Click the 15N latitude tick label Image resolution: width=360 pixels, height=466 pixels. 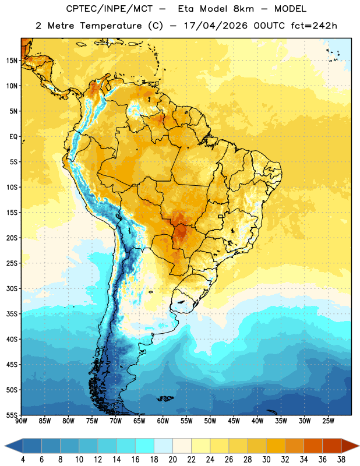coord(12,61)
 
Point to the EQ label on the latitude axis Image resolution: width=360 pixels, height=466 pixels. coord(13,137)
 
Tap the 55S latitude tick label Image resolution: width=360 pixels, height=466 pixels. coord(12,415)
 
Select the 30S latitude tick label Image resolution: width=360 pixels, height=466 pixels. coord(12,288)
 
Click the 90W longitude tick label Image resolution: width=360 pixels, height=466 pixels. coord(21,421)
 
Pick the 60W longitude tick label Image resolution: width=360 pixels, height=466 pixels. coord(163,421)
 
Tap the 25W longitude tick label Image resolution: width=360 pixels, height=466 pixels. coord(328,421)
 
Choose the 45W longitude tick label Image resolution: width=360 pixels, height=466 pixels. coord(234,421)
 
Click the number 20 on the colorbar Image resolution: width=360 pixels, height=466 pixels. coord(172,460)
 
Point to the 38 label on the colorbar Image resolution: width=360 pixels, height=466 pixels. coord(341,460)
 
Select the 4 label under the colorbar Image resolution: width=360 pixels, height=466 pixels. coord(23,460)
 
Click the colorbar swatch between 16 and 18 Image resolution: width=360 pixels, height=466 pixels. coord(145,446)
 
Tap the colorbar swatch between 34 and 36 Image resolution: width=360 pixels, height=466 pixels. coord(313,446)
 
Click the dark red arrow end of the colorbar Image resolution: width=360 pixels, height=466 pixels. coord(350,446)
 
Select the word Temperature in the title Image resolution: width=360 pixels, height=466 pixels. coord(111,26)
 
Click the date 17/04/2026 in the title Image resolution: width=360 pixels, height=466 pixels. coord(216,26)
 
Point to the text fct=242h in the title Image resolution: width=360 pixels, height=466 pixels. coord(314,26)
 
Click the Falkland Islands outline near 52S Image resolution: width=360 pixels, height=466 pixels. coord(165,398)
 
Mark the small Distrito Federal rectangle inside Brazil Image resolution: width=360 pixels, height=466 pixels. coord(221,216)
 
